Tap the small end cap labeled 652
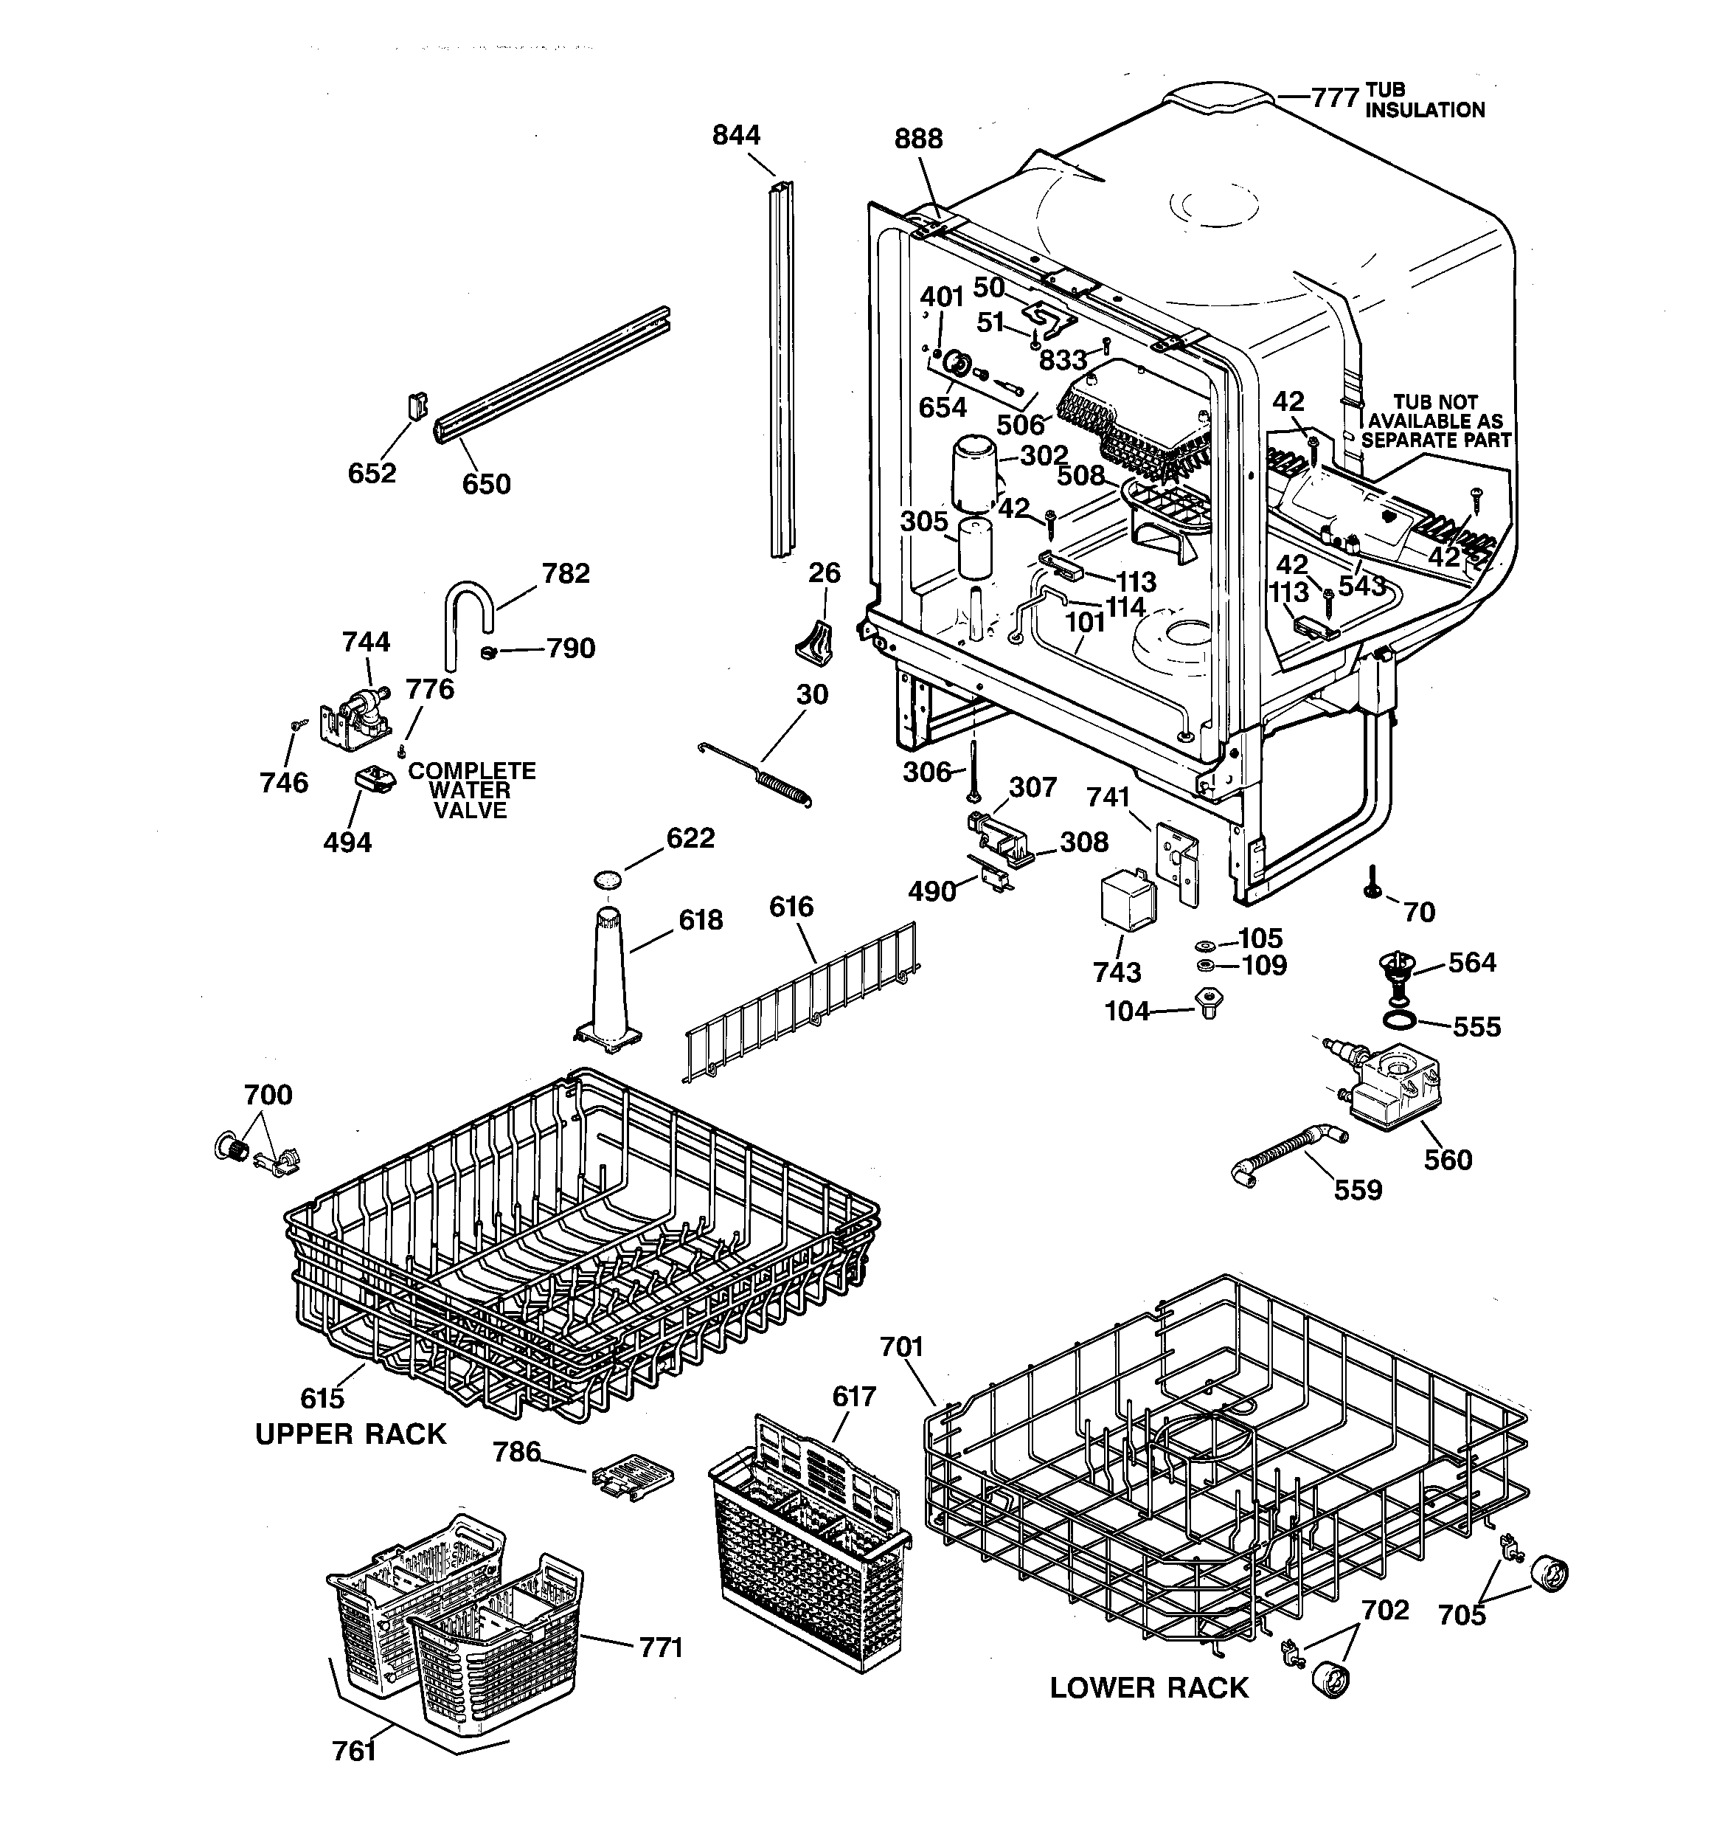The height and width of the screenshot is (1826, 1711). pos(417,405)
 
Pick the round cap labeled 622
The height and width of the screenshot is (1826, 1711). pos(606,879)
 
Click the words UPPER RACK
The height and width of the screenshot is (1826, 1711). pos(350,1434)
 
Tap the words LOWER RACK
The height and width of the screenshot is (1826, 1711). pos(1149,1687)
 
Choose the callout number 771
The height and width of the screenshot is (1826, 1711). pos(662,1647)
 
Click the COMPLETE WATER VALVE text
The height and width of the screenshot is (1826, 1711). pos(471,791)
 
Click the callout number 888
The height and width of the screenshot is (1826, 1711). pos(917,139)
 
